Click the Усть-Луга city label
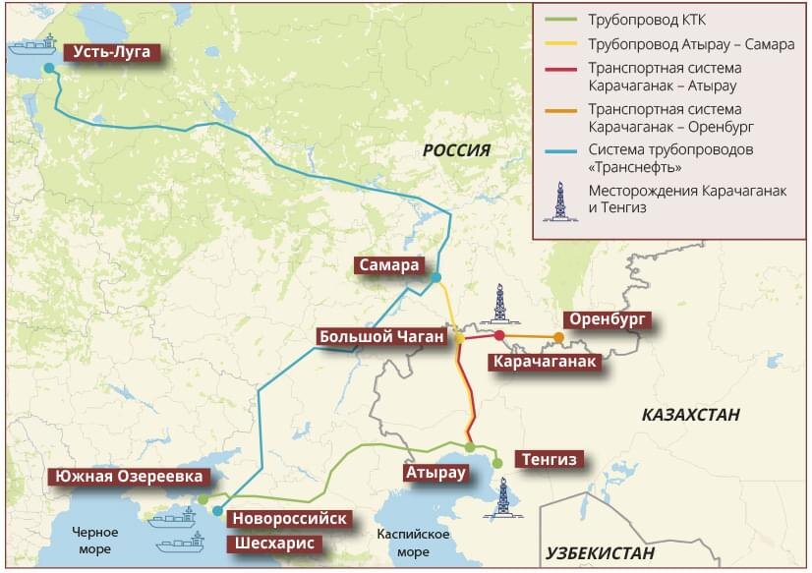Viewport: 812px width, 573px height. coord(108,52)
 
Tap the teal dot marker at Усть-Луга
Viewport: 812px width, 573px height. coord(49,67)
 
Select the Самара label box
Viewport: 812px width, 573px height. coord(389,265)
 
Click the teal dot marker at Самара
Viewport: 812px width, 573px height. coord(435,277)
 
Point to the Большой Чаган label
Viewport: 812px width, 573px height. coord(381,337)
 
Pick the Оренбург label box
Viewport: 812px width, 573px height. coord(607,320)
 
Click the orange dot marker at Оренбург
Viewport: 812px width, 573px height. coord(558,337)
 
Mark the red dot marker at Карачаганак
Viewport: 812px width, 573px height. coord(499,336)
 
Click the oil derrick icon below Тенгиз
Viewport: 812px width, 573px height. coord(503,497)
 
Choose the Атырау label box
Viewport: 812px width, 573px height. coord(433,473)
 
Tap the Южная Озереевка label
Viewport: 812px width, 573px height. coord(130,477)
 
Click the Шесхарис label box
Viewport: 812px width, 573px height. coord(272,543)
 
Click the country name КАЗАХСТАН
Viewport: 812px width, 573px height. coord(690,415)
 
